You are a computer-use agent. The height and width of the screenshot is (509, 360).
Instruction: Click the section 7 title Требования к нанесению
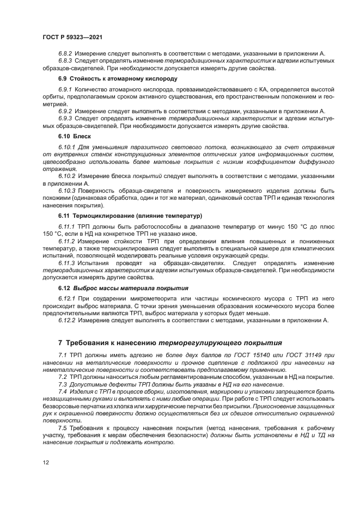pyautogui.click(x=170, y=344)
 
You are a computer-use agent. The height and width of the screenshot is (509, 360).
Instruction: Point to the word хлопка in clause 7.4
pyautogui.click(x=126, y=405)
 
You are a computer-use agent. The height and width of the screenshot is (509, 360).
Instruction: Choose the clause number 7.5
pyautogui.click(x=63, y=427)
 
